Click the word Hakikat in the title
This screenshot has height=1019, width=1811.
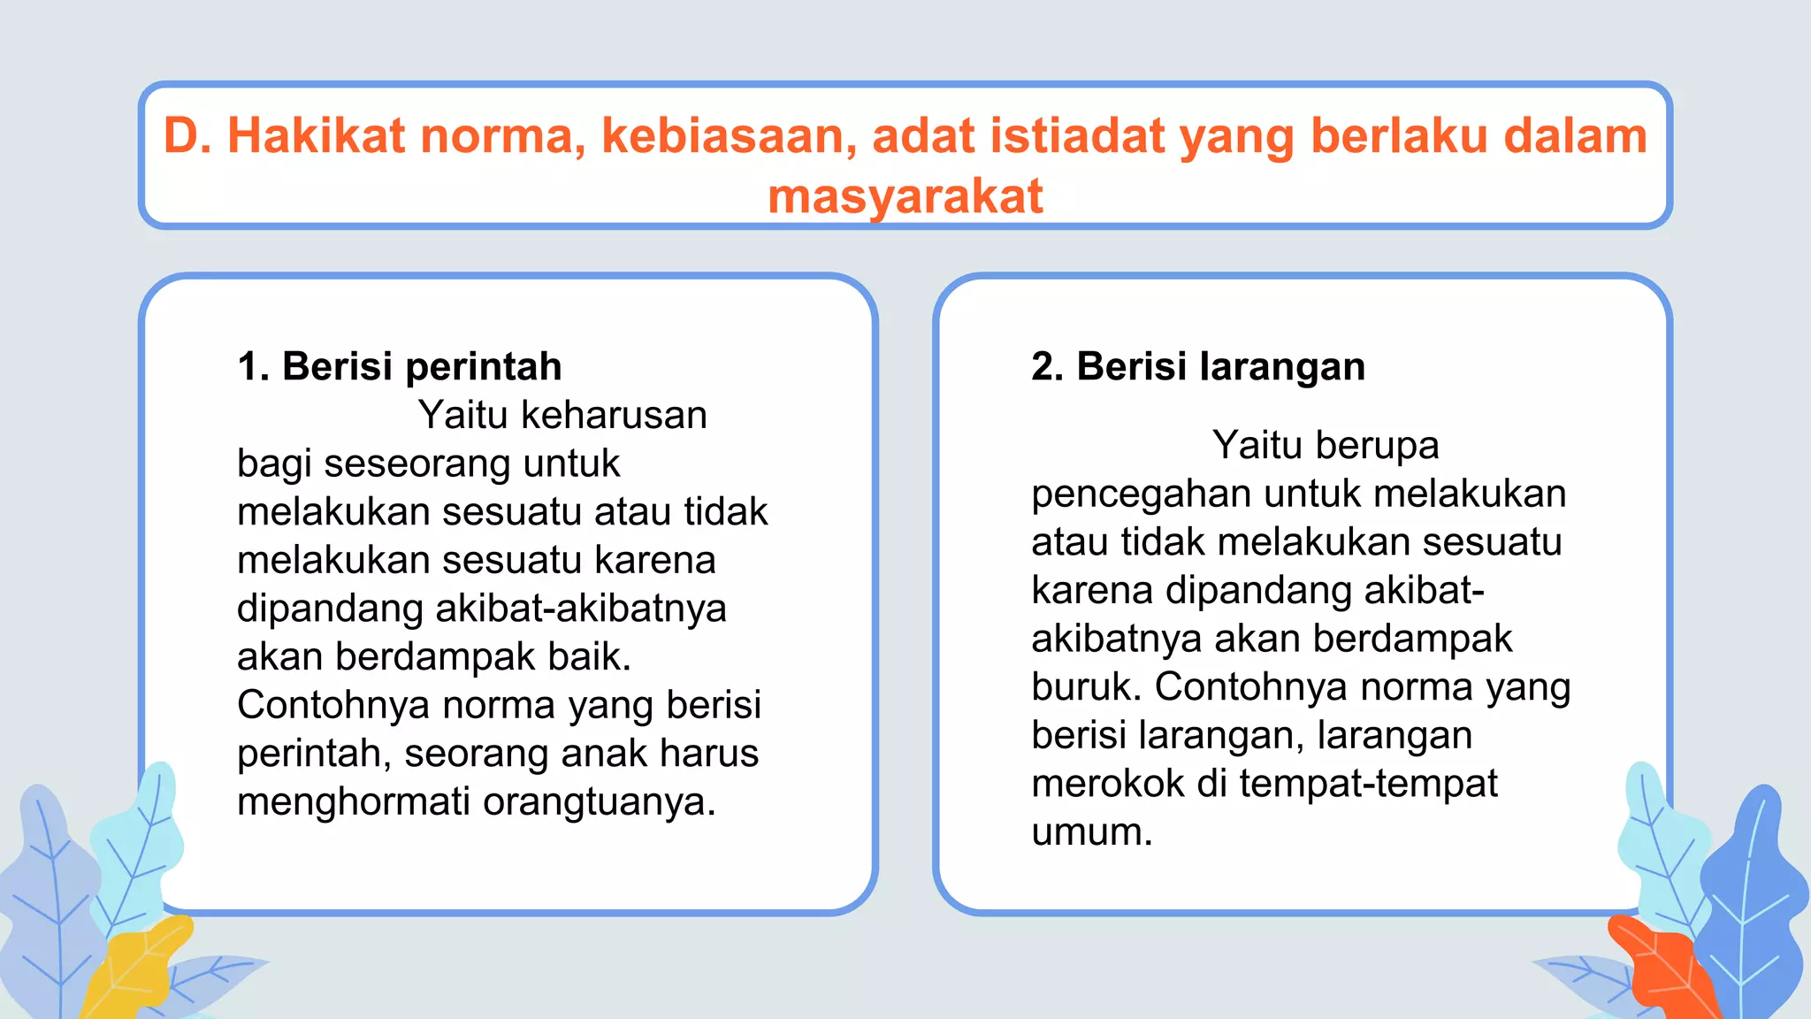pyautogui.click(x=317, y=136)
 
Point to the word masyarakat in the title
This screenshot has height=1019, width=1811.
pyautogui.click(x=905, y=196)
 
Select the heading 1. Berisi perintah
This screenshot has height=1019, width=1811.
pyautogui.click(x=400, y=366)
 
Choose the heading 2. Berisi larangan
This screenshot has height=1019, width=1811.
pyautogui.click(x=1198, y=366)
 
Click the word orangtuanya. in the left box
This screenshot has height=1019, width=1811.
pyautogui.click(x=599, y=801)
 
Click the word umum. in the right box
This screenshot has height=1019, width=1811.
pyautogui.click(x=1092, y=831)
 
